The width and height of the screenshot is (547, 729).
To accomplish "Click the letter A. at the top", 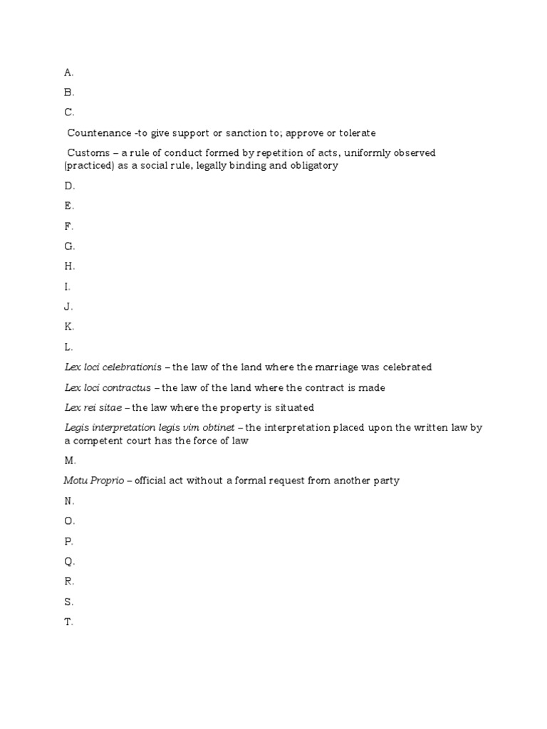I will point(68,72).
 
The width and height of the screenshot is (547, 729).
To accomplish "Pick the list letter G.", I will point(69,246).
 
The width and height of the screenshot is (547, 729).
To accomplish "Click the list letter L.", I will point(68,347).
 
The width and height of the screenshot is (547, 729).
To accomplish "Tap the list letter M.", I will point(70,461).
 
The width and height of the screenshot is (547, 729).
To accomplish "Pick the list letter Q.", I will point(69,561).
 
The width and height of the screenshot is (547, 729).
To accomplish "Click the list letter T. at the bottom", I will point(68,622).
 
